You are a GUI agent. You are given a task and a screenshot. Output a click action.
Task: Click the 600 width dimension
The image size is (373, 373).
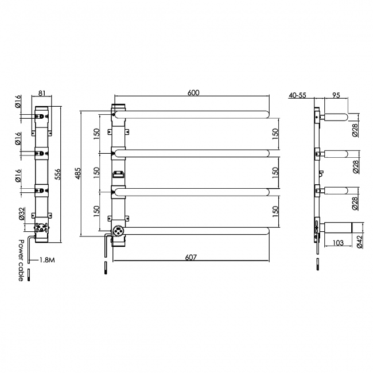click(x=193, y=94)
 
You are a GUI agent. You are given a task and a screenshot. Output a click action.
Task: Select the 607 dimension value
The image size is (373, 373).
click(x=192, y=258)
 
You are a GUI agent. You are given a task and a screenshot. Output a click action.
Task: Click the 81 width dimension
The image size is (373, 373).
click(x=42, y=93)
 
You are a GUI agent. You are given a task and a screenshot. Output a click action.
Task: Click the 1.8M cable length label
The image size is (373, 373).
click(x=47, y=260)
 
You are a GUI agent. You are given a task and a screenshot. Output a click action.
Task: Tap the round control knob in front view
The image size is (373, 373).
click(x=119, y=231)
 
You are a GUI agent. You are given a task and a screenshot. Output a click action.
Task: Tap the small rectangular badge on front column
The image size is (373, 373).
click(x=119, y=173)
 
